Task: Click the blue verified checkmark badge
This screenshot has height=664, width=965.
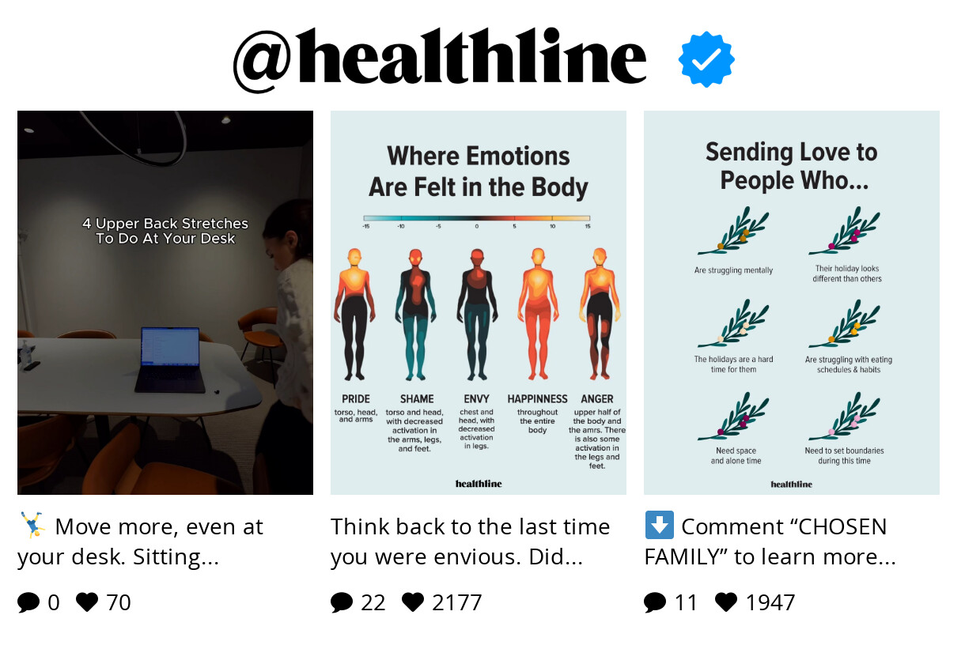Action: coord(706,59)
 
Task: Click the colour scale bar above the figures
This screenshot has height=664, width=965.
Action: coord(477,217)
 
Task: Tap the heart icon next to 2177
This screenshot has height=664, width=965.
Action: coord(413,602)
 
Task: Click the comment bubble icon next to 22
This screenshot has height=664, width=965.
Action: coord(342,603)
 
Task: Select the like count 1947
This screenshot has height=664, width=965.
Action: coord(770,602)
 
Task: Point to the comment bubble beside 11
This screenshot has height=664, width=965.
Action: coord(655,603)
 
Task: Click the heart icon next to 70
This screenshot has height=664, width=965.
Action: coord(87,602)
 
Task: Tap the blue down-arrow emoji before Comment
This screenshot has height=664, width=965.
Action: coord(659,526)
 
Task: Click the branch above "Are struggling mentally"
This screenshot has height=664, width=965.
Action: coord(733,232)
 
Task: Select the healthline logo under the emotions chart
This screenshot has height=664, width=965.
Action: coord(478,483)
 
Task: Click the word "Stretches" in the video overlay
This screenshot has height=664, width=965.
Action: coord(214,224)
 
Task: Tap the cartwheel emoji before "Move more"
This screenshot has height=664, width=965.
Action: coord(32,525)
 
